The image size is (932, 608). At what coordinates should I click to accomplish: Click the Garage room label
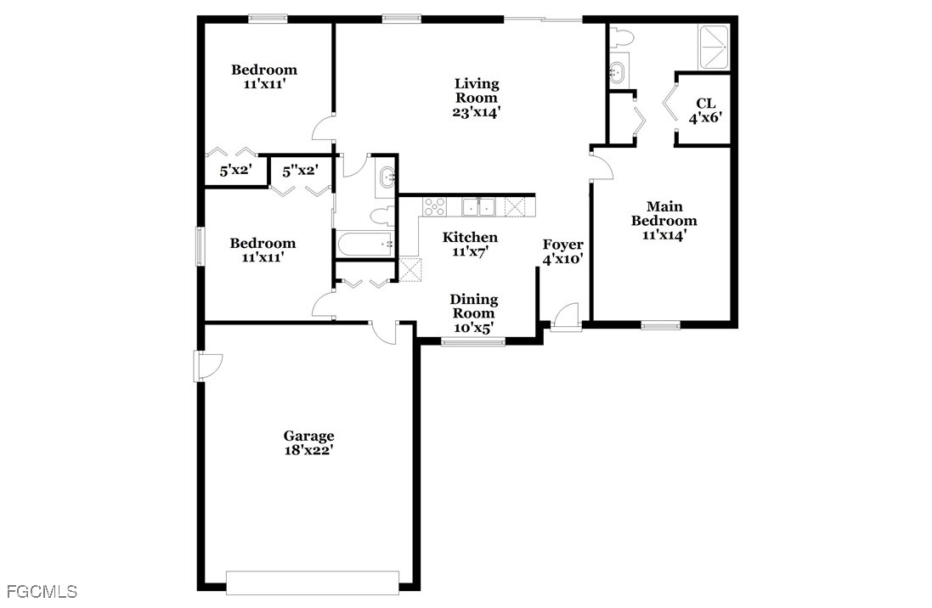click(308, 436)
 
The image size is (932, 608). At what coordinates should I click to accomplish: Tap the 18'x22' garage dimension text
click(308, 451)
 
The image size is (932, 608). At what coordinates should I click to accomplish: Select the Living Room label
click(477, 90)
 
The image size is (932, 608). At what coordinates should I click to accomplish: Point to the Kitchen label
click(470, 237)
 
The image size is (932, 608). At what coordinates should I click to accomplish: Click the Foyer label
click(563, 245)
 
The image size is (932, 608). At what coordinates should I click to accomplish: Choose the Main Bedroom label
click(664, 213)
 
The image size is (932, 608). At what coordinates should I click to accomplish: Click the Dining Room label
click(474, 306)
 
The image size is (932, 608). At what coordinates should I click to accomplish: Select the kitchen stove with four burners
click(434, 205)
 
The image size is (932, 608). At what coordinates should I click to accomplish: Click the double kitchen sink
click(478, 206)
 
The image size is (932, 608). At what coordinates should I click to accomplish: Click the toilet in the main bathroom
click(620, 37)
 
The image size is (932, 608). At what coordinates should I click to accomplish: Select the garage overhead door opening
click(312, 583)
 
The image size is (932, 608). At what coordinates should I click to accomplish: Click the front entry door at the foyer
click(565, 316)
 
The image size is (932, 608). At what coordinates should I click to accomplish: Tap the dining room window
click(473, 342)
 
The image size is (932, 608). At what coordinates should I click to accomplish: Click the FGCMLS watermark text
click(42, 591)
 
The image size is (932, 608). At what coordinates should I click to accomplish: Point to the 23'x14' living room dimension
click(477, 111)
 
